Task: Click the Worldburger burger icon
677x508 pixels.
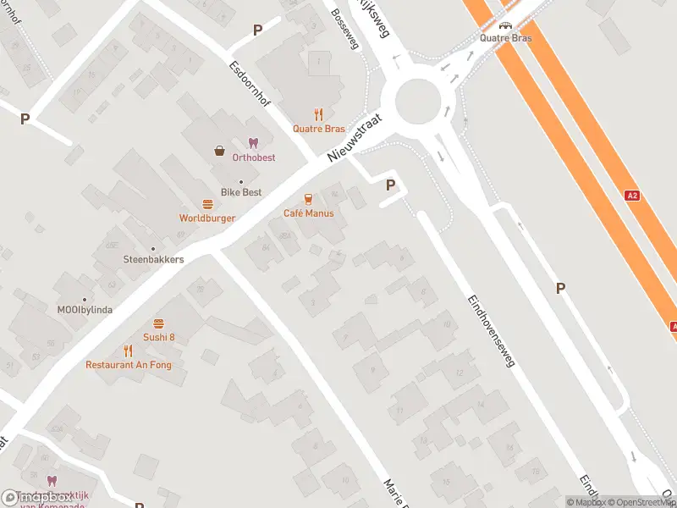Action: (207, 204)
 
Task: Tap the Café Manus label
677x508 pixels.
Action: (308, 213)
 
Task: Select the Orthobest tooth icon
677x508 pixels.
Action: (252, 143)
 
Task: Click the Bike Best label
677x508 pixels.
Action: (241, 192)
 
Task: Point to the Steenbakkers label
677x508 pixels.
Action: (153, 259)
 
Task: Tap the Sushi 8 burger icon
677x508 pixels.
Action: (158, 323)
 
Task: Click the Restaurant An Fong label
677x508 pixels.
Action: (128, 365)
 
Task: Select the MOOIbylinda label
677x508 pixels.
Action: (85, 310)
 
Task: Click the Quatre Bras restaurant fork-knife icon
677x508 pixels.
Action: (318, 114)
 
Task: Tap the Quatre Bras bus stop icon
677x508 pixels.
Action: (505, 26)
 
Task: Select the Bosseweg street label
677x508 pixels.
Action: (346, 29)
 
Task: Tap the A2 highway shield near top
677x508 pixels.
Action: (631, 196)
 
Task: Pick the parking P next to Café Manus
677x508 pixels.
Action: (390, 185)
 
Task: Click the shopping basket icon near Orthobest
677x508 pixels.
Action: (220, 151)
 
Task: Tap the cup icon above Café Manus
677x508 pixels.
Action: (308, 199)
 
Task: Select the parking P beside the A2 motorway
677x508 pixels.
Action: (560, 289)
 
